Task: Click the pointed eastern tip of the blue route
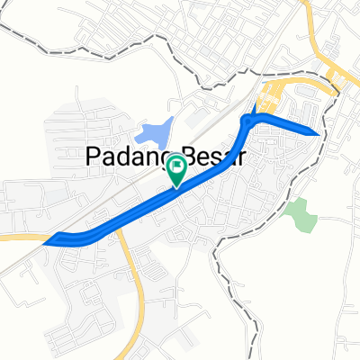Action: click(x=318, y=133)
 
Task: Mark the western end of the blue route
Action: click(x=56, y=239)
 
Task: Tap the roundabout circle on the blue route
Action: click(x=248, y=121)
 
